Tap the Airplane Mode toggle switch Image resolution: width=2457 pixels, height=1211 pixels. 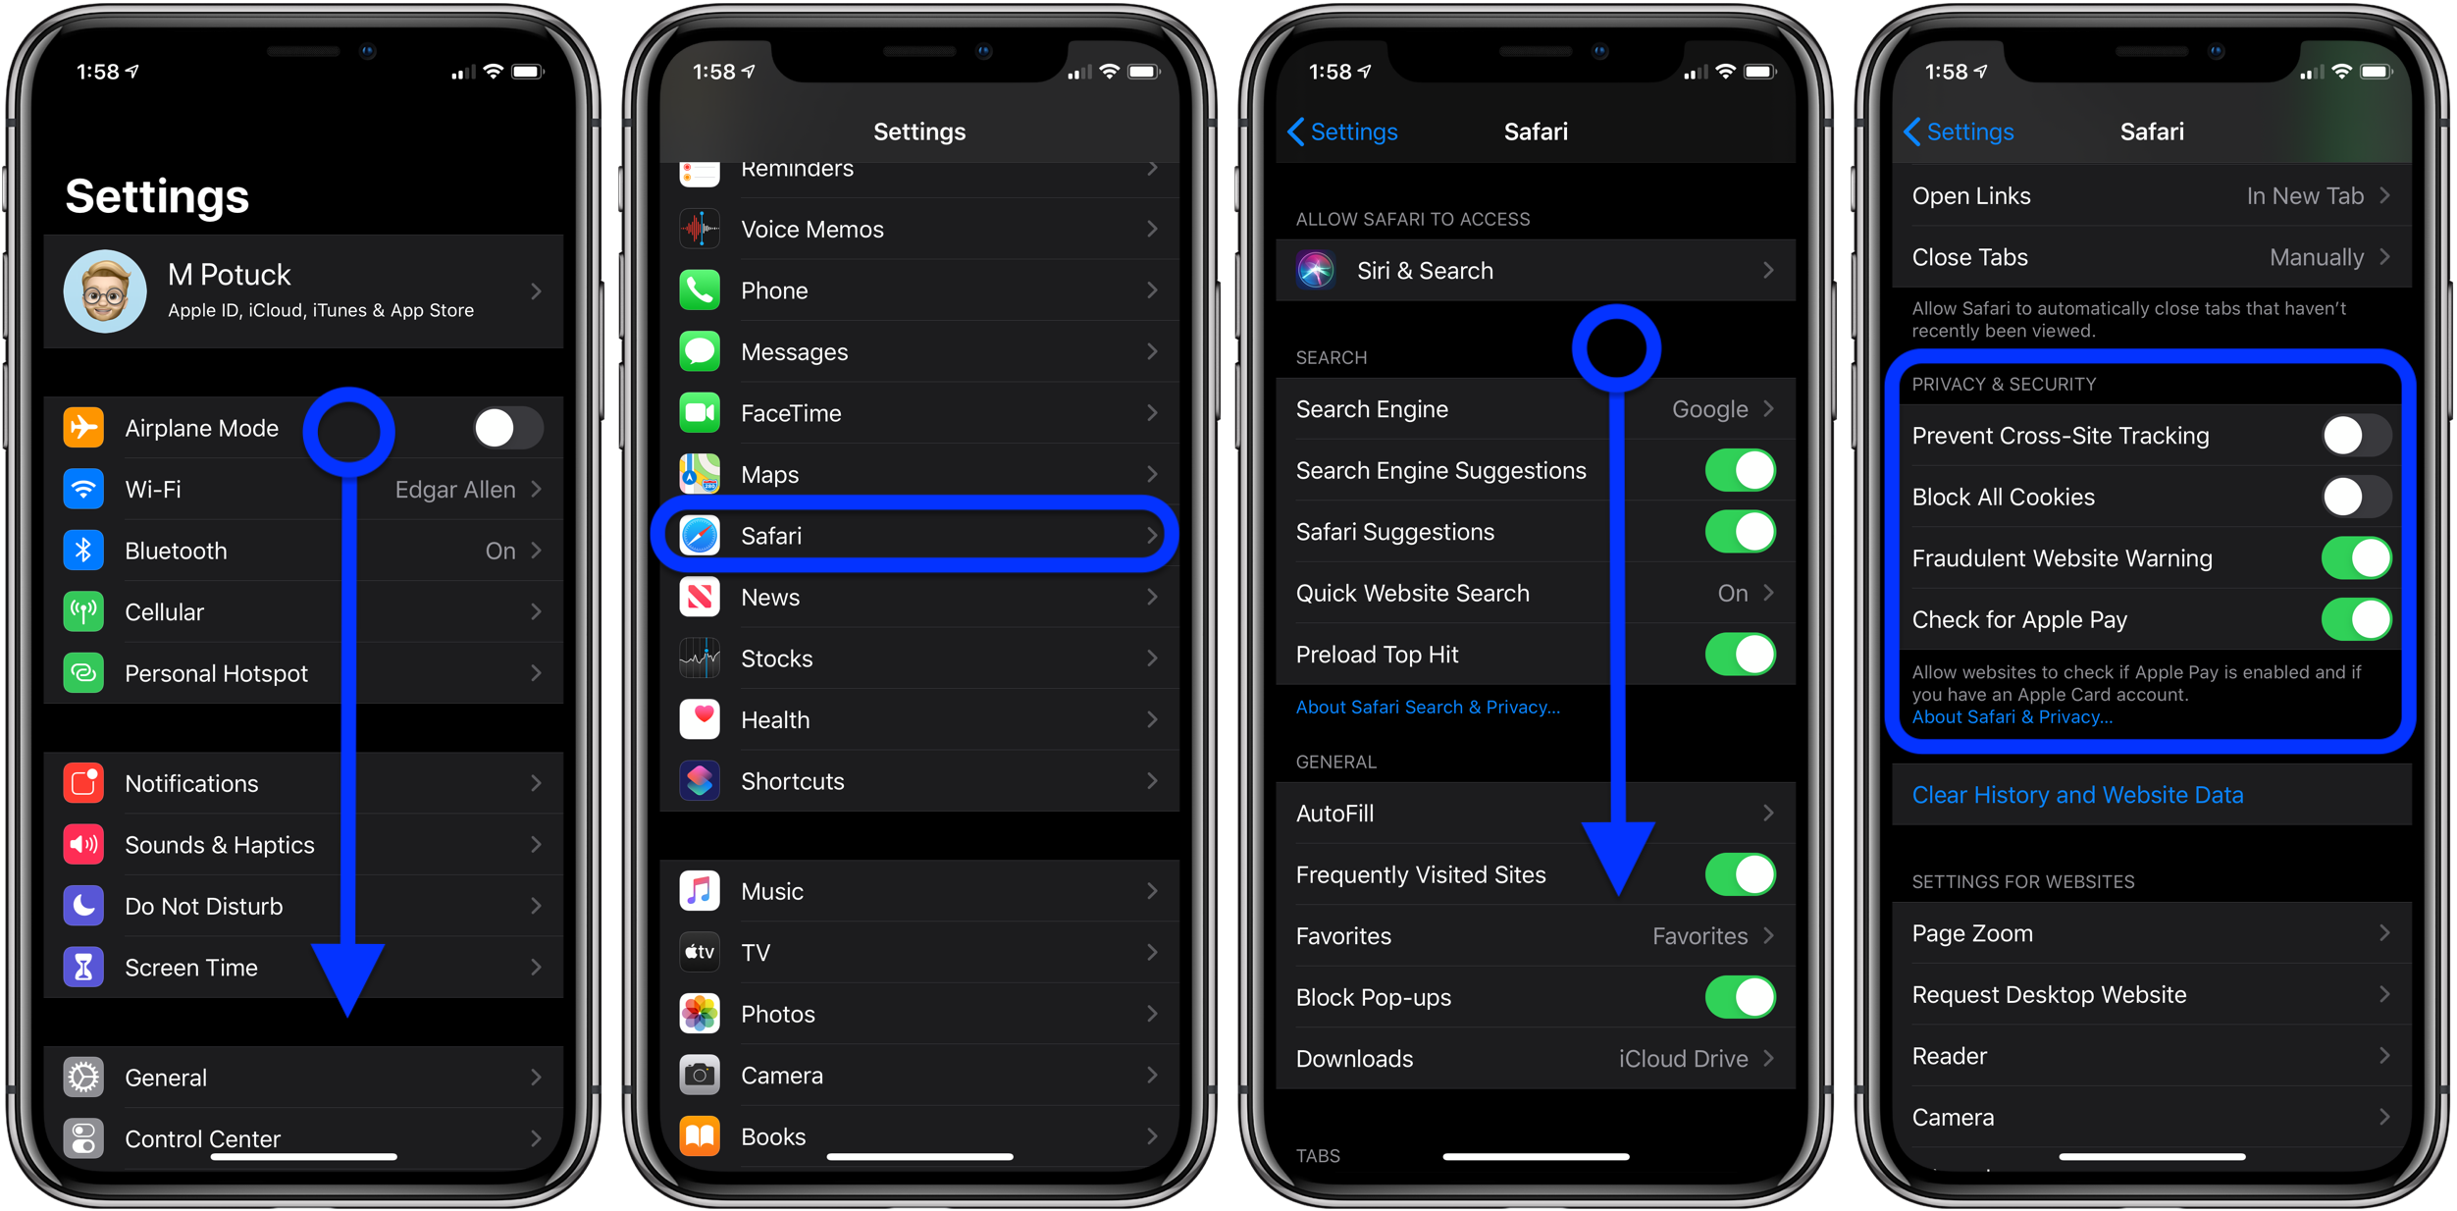[x=507, y=428]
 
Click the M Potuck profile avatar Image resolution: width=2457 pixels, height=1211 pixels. [x=105, y=291]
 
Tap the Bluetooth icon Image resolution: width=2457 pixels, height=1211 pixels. [x=83, y=551]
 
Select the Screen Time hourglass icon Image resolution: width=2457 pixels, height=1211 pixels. [x=83, y=968]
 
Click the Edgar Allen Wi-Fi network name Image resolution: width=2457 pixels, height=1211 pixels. [x=454, y=490]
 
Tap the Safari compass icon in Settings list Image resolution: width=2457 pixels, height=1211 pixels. [x=700, y=536]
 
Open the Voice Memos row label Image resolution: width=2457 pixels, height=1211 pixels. [x=811, y=230]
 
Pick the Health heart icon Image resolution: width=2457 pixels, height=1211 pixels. [x=700, y=719]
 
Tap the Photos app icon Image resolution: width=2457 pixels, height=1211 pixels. [x=700, y=1014]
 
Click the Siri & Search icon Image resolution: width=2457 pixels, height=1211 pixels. [x=1316, y=271]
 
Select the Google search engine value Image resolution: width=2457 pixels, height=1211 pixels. [x=1709, y=409]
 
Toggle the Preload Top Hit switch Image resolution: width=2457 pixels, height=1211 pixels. [x=1740, y=655]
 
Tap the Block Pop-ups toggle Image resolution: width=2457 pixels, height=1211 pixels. [x=1740, y=997]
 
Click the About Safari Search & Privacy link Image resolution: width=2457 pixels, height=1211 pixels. [x=1428, y=708]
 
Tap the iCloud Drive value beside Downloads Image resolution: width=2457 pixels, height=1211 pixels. [x=1683, y=1059]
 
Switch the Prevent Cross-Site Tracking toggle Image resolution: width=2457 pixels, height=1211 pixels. [x=2356, y=436]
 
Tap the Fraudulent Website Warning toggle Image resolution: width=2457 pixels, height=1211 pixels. [x=2356, y=558]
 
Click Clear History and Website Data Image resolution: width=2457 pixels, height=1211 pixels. [x=2077, y=795]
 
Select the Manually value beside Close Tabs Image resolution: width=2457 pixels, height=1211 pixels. [x=2316, y=257]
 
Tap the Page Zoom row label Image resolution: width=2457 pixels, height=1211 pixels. [x=1972, y=933]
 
